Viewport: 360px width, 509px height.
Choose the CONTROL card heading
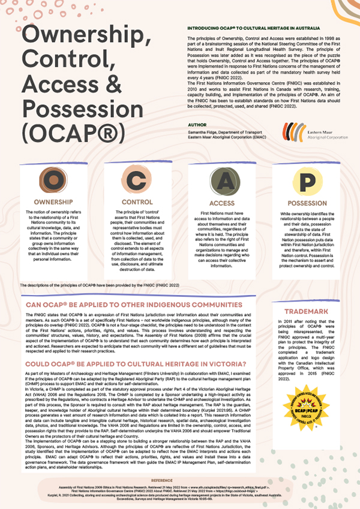136,202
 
